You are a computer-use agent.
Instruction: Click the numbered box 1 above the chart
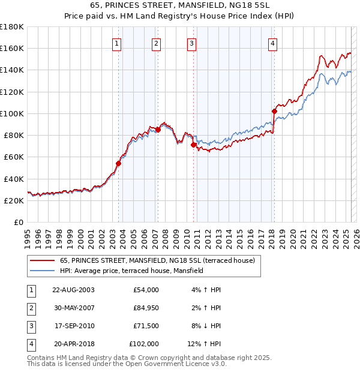[116, 43]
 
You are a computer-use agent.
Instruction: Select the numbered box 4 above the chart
[272, 43]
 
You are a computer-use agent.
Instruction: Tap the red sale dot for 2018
[274, 111]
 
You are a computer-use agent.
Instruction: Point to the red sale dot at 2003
[119, 163]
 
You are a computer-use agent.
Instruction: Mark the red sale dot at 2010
[193, 145]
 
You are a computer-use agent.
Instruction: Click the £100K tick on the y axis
[12, 113]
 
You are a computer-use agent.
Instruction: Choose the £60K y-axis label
[13, 157]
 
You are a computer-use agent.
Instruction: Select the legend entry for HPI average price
[131, 271]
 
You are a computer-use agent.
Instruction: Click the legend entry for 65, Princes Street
[157, 260]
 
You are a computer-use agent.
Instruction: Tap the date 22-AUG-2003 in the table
[74, 290]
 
